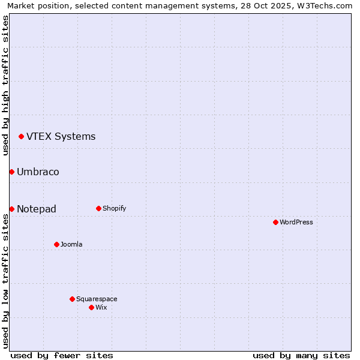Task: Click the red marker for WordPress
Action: click(275, 222)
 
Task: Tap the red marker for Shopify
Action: click(98, 208)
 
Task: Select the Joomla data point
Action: click(56, 244)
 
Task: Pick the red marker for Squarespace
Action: click(72, 299)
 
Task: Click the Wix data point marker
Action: click(91, 307)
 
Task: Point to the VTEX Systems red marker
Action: click(21, 137)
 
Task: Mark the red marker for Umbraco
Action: click(11, 172)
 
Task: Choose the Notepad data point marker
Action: click(11, 209)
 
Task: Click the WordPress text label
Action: click(296, 222)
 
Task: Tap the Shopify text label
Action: click(114, 208)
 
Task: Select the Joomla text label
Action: click(71, 244)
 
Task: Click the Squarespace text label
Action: click(97, 299)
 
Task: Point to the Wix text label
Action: click(101, 307)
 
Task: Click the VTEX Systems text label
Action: click(61, 137)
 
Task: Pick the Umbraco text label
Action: click(38, 172)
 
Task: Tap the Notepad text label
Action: click(37, 209)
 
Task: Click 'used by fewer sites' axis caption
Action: click(62, 355)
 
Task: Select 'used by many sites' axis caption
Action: click(301, 355)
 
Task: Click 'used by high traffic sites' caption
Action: click(5, 85)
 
